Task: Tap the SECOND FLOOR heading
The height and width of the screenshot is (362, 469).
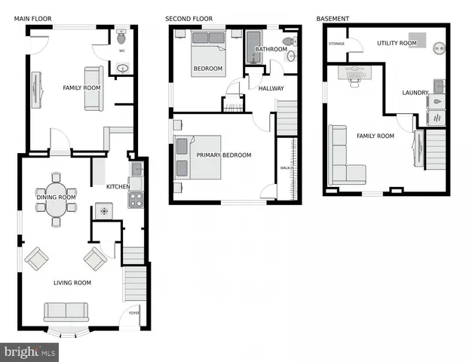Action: point(189,18)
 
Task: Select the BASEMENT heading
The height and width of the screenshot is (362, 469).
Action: point(332,18)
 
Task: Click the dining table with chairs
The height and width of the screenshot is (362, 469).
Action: point(56,200)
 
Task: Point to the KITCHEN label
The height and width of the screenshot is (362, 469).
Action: point(118,186)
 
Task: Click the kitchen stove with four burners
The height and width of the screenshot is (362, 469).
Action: point(136,200)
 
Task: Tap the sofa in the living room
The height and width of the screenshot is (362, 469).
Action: point(66,311)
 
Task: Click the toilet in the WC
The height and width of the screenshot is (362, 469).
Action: point(121,37)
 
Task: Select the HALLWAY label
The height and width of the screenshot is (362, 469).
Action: point(271,88)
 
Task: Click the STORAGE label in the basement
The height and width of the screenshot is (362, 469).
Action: point(336,44)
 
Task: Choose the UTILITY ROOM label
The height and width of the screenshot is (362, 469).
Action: point(396,44)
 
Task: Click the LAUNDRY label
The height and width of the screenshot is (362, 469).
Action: point(415,93)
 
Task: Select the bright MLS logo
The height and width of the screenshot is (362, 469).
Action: point(30,351)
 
